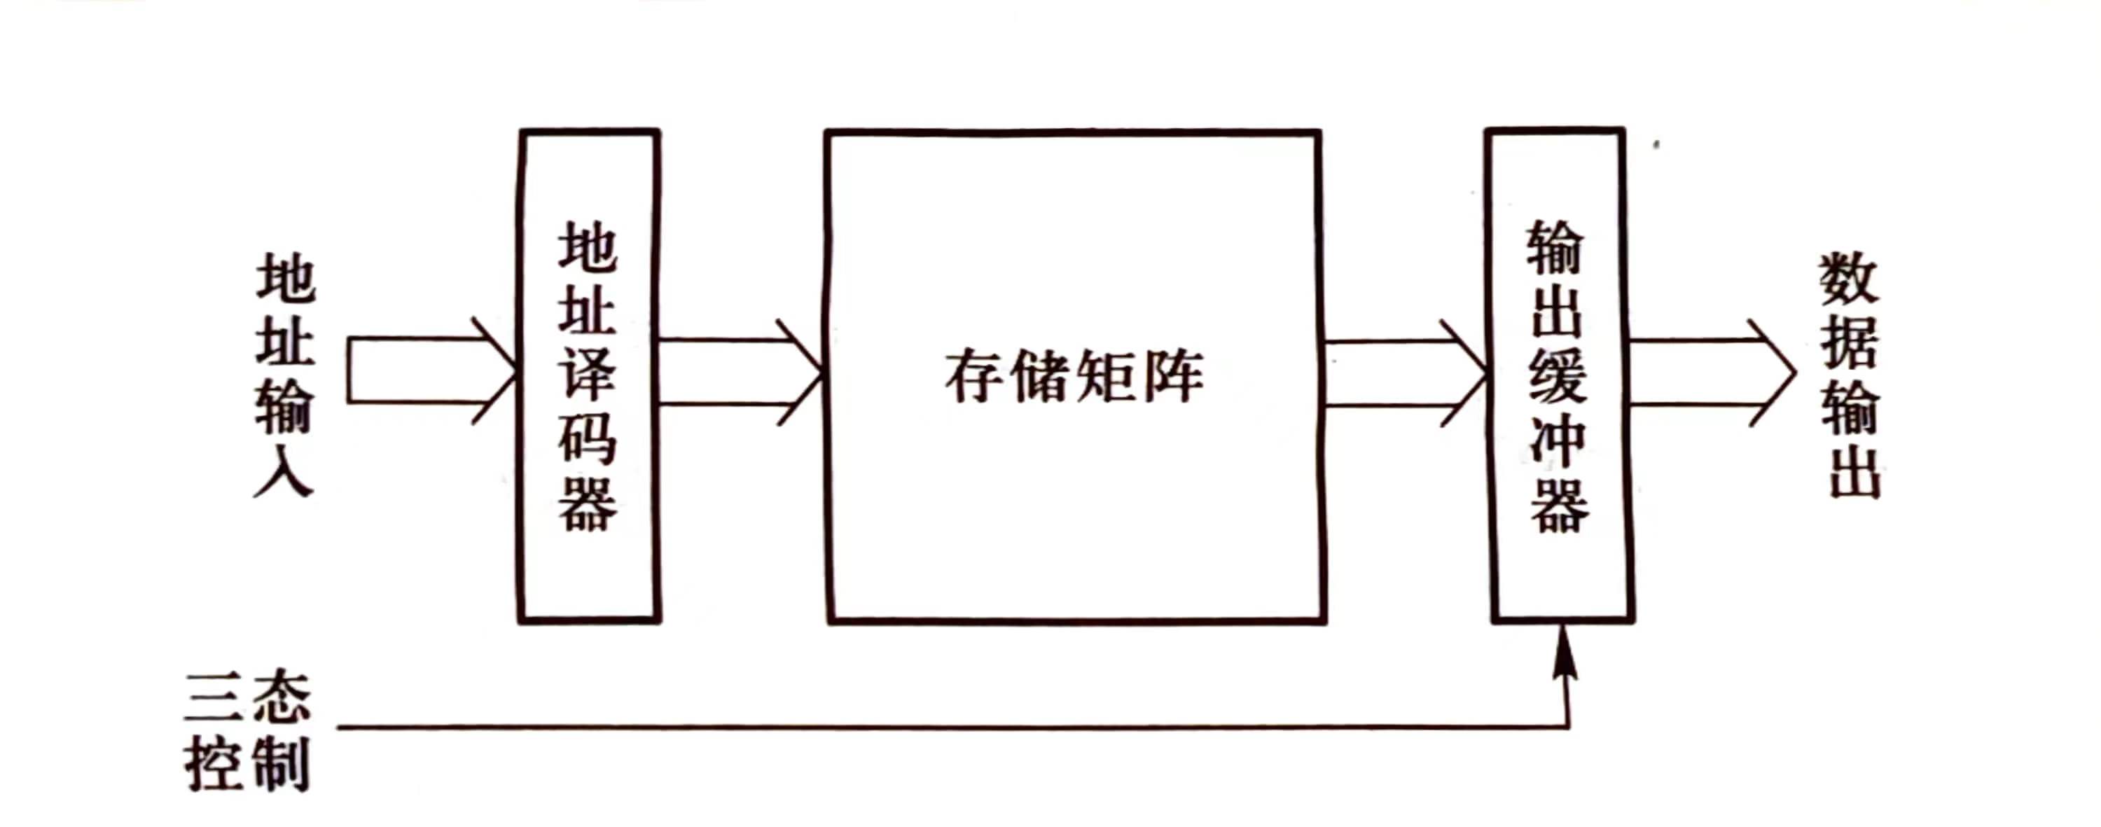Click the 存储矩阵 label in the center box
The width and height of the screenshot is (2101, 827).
click(x=1074, y=377)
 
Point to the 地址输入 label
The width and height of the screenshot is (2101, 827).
click(x=284, y=375)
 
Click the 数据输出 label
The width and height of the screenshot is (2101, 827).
click(x=1850, y=376)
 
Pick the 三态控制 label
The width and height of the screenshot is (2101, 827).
click(x=247, y=731)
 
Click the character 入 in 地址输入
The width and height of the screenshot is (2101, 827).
click(x=284, y=471)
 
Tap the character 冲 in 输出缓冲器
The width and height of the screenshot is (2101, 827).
click(x=1558, y=440)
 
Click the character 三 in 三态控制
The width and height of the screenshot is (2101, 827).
click(x=214, y=698)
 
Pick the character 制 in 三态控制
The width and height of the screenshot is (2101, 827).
click(x=279, y=764)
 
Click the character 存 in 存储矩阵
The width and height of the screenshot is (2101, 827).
click(x=974, y=377)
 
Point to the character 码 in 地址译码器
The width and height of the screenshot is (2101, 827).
click(x=588, y=440)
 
